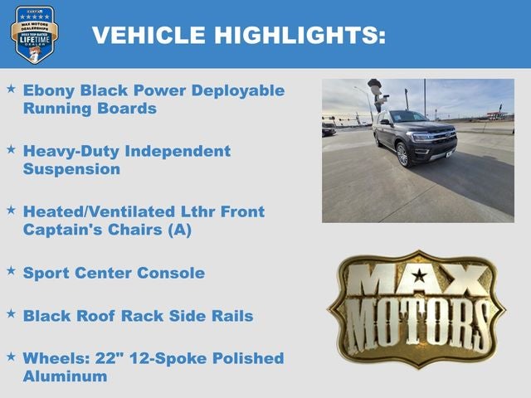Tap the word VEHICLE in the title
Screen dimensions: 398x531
tap(148, 35)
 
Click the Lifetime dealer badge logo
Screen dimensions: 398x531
tap(34, 34)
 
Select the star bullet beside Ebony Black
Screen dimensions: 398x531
tap(11, 88)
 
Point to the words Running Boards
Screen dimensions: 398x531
tap(90, 109)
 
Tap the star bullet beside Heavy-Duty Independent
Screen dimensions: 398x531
tap(11, 149)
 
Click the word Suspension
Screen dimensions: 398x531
tap(71, 169)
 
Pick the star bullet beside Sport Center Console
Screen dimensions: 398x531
tap(11, 270)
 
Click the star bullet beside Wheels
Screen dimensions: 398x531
tap(11, 356)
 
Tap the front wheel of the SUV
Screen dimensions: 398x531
tap(402, 154)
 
